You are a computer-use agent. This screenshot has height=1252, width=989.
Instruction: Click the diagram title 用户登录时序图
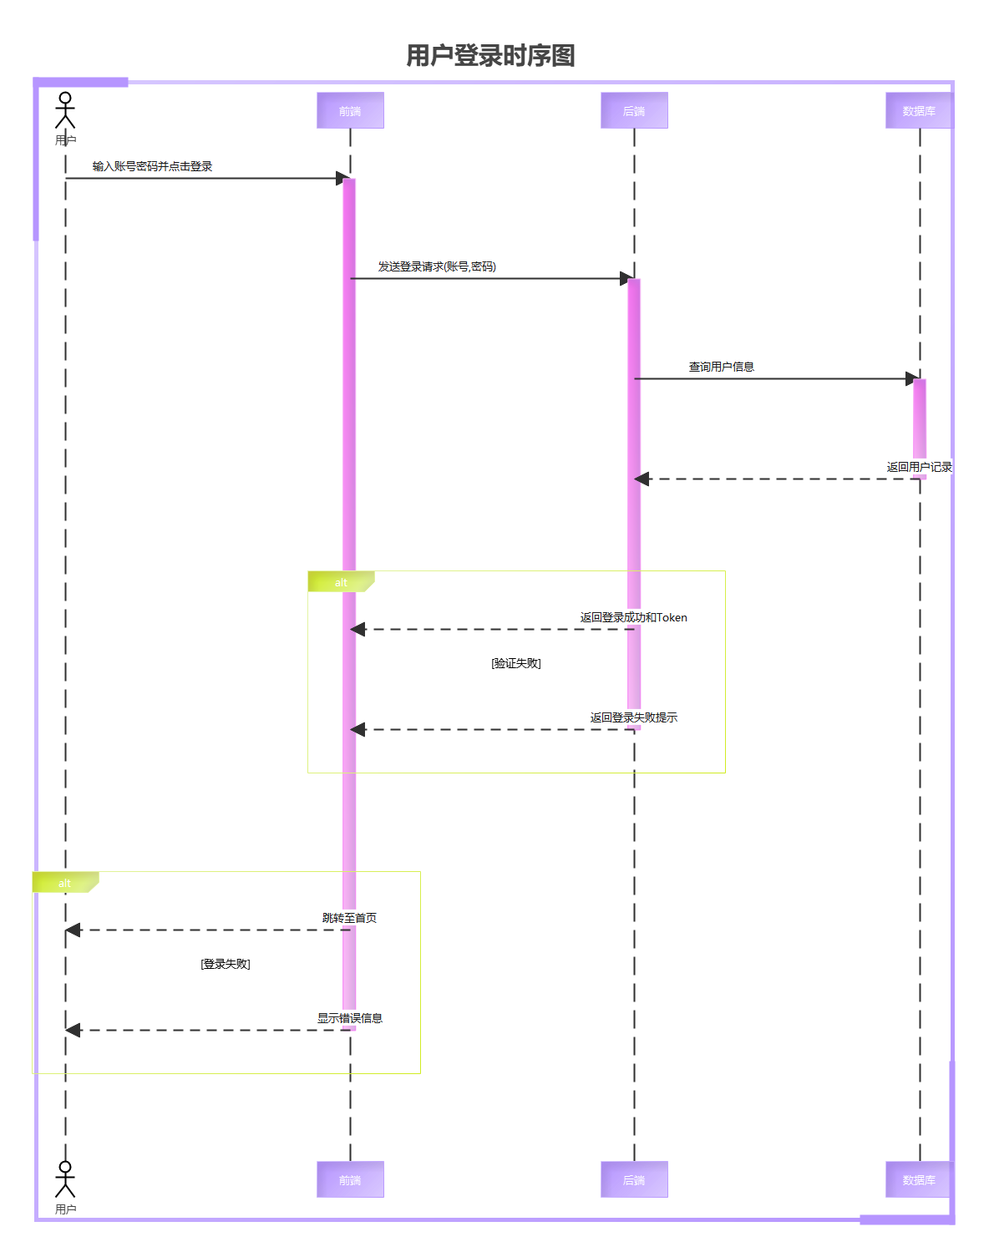(x=490, y=56)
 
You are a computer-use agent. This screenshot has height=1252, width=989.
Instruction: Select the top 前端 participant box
(x=350, y=110)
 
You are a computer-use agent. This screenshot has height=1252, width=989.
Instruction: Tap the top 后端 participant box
(x=634, y=110)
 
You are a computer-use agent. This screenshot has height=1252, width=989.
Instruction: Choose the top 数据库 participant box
(x=919, y=110)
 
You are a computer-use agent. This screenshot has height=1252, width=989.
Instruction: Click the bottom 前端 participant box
(x=350, y=1179)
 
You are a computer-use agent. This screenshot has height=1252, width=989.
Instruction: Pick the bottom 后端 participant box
(x=634, y=1179)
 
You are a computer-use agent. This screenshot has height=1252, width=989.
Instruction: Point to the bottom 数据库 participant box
(x=919, y=1179)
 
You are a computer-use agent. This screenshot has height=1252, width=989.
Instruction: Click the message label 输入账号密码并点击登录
(x=153, y=166)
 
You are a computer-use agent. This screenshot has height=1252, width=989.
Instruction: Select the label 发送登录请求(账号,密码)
(x=437, y=266)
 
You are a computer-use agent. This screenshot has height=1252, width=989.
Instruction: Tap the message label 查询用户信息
(x=722, y=367)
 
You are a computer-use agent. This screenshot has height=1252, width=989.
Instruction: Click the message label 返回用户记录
(x=919, y=467)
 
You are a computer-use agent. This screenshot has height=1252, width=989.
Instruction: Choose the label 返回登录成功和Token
(x=634, y=617)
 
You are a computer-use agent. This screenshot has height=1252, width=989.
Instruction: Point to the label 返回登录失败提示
(x=634, y=717)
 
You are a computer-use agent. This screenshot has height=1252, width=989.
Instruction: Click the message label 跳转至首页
(x=350, y=918)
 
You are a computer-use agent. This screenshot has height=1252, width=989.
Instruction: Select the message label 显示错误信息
(x=350, y=1018)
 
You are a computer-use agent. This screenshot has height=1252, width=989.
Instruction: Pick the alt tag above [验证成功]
(x=340, y=582)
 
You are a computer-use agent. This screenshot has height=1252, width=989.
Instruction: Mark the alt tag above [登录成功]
(x=64, y=883)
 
